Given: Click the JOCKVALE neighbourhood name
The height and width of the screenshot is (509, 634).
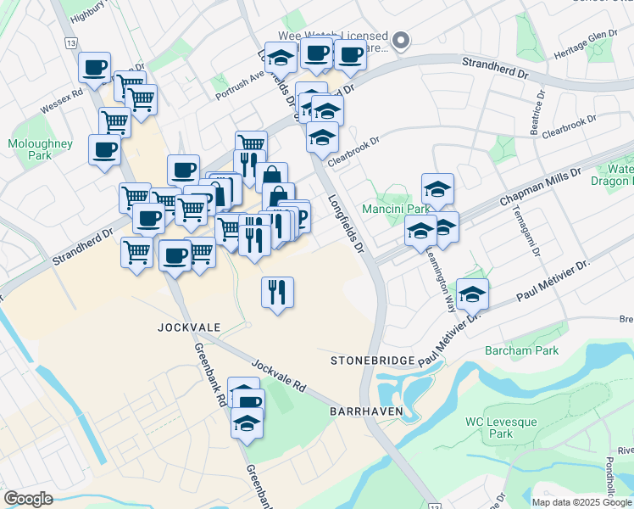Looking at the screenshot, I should pos(183,326).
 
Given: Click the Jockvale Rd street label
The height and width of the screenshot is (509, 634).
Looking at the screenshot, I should pos(278,373).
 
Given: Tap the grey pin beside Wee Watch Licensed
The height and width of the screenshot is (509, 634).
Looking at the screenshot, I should pos(403,39).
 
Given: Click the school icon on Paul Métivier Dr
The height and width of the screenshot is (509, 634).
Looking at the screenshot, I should pos(472,294).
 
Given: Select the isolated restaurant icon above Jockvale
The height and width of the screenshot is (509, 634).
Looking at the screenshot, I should pos(277,293).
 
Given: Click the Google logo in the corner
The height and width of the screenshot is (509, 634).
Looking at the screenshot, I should pos(28,499).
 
